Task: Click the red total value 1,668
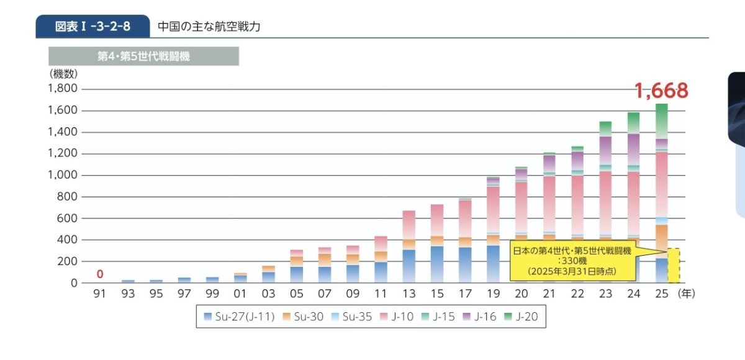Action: [661, 91]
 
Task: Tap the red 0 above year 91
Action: [99, 274]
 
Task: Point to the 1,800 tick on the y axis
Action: [62, 89]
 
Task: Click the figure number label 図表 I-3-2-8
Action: [93, 27]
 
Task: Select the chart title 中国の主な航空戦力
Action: [209, 27]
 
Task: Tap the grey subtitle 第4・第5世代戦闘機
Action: [143, 56]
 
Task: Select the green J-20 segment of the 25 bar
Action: [662, 121]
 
